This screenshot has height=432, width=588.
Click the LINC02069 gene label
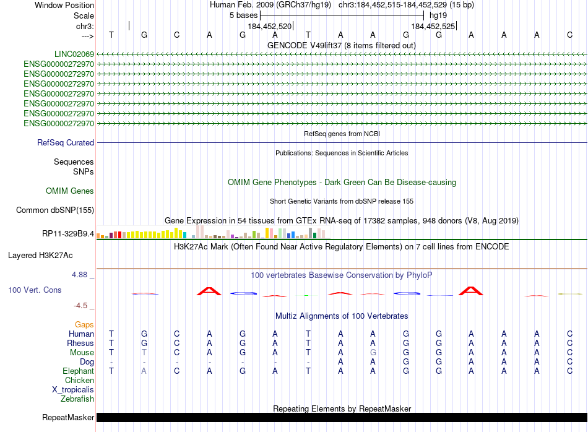(74, 54)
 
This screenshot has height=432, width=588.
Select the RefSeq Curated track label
(66, 143)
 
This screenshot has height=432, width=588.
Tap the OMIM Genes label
(70, 191)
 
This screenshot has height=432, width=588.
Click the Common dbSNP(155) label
(55, 210)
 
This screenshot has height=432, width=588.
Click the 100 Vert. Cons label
(35, 290)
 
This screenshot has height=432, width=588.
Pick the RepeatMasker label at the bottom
(68, 418)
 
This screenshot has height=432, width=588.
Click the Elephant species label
(78, 371)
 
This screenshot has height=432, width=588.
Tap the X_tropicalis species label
(73, 390)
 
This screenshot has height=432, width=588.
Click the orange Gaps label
(84, 324)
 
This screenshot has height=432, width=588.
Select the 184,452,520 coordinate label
(269, 27)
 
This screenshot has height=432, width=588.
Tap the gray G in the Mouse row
(373, 352)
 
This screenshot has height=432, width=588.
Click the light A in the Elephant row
(144, 371)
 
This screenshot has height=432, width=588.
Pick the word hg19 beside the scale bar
(438, 15)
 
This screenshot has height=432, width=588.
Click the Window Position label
(64, 5)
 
